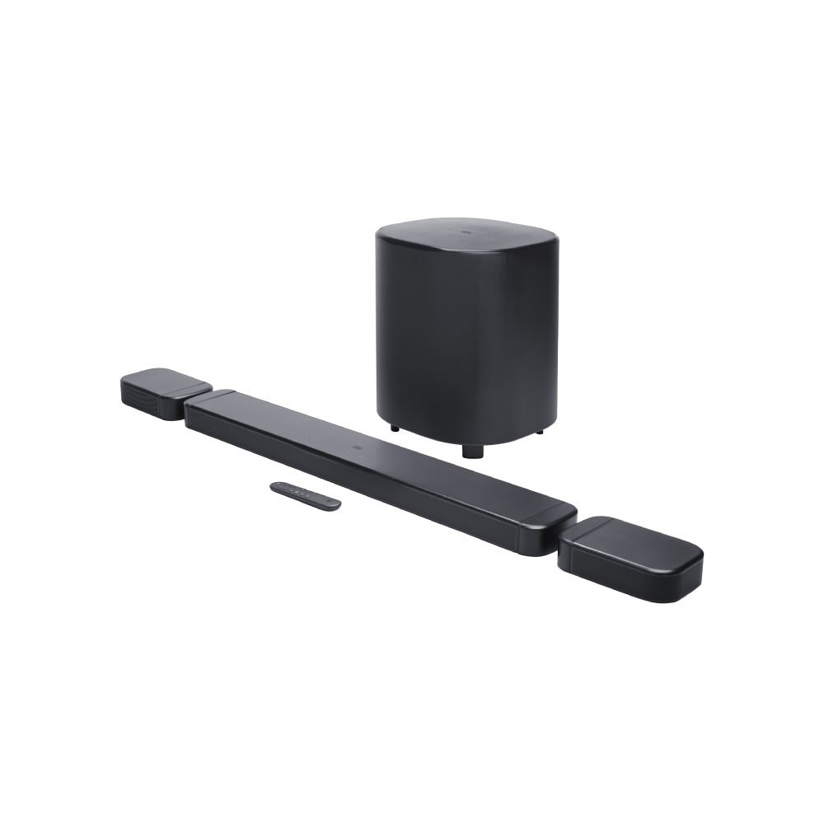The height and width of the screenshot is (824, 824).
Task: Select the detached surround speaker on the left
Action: click(165, 396)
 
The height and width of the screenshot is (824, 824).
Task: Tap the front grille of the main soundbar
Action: click(371, 478)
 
